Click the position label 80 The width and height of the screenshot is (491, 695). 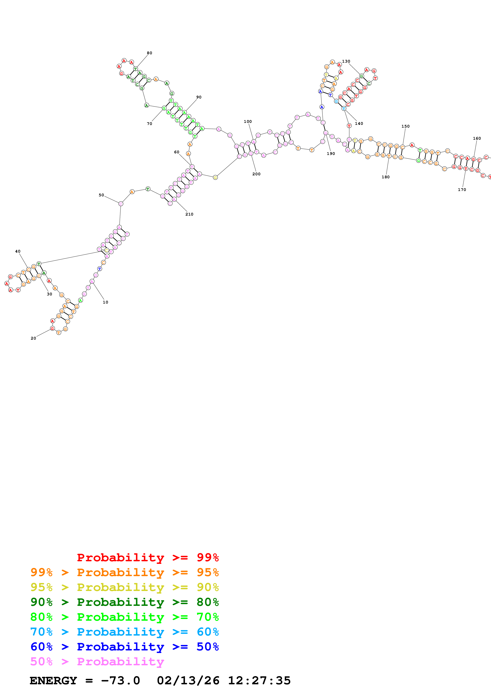point(150,53)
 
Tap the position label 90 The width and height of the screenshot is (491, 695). point(199,97)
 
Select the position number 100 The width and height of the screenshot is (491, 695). point(248,122)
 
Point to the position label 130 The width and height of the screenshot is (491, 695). point(346,61)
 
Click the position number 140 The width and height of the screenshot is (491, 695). point(359,123)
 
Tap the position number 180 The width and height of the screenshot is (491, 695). point(385,177)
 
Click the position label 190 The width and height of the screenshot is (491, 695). point(331,154)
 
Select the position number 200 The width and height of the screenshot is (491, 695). point(256,174)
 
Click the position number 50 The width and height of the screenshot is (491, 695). point(101,195)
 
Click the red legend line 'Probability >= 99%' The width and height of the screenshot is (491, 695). point(148,557)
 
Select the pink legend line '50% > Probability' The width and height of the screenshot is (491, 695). point(97,661)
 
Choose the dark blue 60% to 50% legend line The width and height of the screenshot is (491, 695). point(125,647)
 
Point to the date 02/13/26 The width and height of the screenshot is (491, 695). point(188,681)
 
